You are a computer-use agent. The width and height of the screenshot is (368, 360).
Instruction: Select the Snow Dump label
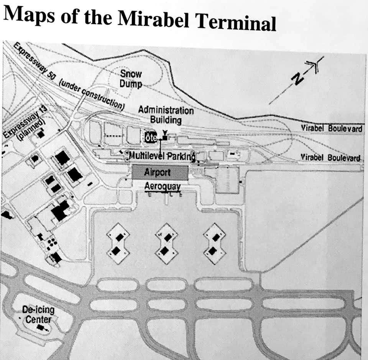[131, 78]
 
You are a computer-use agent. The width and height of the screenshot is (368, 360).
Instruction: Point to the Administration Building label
[166, 115]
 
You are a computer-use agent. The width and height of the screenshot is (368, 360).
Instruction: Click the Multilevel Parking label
[162, 156]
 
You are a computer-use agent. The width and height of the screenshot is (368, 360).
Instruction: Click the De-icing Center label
[38, 314]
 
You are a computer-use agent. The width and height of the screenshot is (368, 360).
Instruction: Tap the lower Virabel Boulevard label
[330, 157]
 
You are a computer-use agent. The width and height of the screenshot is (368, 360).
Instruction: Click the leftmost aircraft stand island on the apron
[117, 244]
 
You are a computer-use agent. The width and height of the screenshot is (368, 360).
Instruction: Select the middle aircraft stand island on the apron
[165, 244]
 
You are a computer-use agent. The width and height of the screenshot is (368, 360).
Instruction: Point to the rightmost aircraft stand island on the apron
[213, 244]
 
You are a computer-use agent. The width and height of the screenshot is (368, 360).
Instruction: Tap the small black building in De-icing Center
[40, 328]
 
